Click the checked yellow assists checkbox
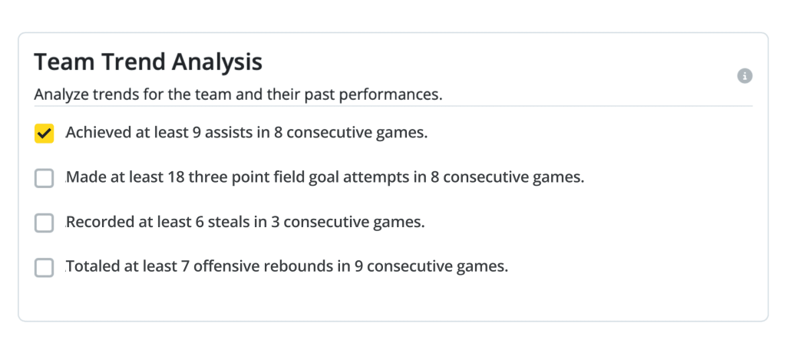click(x=44, y=134)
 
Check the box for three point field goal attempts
click(x=44, y=178)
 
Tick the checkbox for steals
click(x=44, y=223)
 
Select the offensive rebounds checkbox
click(x=44, y=267)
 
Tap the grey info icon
click(x=745, y=76)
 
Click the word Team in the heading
click(x=64, y=62)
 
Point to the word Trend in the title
click(x=134, y=62)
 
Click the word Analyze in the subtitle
click(x=61, y=94)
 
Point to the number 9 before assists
click(x=196, y=133)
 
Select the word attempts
click(x=376, y=178)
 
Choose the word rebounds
click(x=300, y=266)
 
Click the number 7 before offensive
click(x=185, y=266)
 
